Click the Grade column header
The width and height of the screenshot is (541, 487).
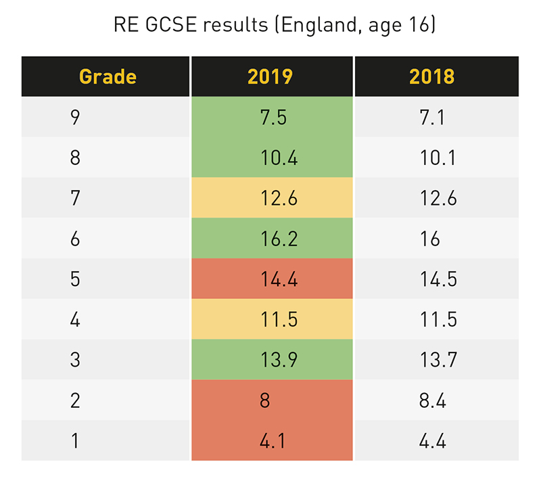pos(108,76)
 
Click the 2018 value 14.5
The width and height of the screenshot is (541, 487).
pos(438,279)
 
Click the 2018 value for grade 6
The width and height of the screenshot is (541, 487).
pos(429,238)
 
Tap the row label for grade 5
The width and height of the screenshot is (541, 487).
pos(75,279)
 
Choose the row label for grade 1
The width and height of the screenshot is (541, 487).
pos(75,441)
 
